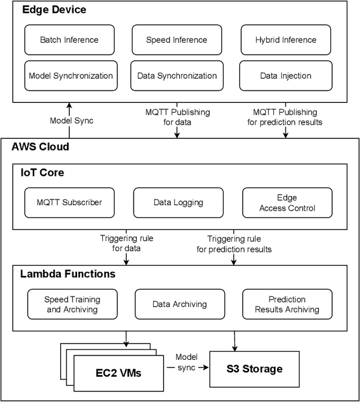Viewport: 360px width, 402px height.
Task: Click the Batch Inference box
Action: tap(69, 40)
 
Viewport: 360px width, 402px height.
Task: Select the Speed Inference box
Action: tap(177, 40)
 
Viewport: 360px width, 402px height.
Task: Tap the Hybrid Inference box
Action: tap(286, 40)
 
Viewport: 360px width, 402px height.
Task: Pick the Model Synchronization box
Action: tap(71, 76)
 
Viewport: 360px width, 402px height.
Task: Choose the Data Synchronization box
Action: tap(177, 76)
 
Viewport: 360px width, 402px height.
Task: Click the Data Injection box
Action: tap(285, 76)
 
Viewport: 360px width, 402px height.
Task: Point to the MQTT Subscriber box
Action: tap(70, 202)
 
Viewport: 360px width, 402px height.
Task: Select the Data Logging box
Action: tap(178, 202)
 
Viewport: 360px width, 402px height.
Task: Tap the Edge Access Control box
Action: tap(287, 202)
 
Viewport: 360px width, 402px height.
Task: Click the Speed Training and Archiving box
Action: tap(72, 304)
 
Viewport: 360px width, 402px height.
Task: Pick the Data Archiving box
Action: tap(179, 304)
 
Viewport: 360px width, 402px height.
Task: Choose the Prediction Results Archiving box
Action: tap(287, 304)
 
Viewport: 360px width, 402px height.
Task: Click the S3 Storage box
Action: tap(254, 369)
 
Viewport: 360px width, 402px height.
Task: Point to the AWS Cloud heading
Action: tap(40, 147)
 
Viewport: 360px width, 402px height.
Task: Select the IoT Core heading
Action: tap(42, 173)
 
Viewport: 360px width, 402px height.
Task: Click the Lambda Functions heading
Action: tap(67, 274)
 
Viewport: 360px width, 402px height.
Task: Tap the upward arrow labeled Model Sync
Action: tap(69, 120)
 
